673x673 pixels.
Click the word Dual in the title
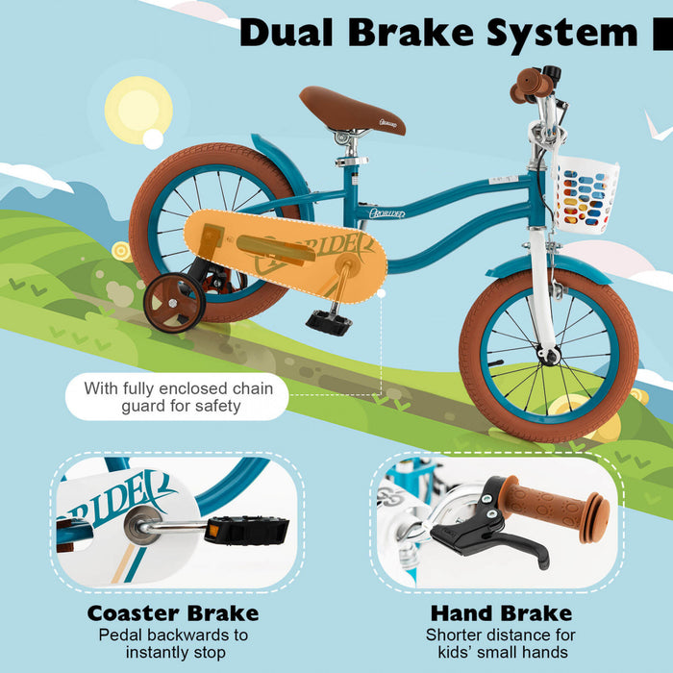pos(286,32)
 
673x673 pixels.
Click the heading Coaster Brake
pos(173,612)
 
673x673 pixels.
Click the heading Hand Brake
pos(501,612)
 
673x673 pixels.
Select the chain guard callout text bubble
pos(178,397)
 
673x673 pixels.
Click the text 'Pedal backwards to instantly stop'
pos(173,644)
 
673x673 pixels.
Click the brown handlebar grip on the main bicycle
pos(530,87)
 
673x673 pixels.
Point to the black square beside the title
pos(662,34)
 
